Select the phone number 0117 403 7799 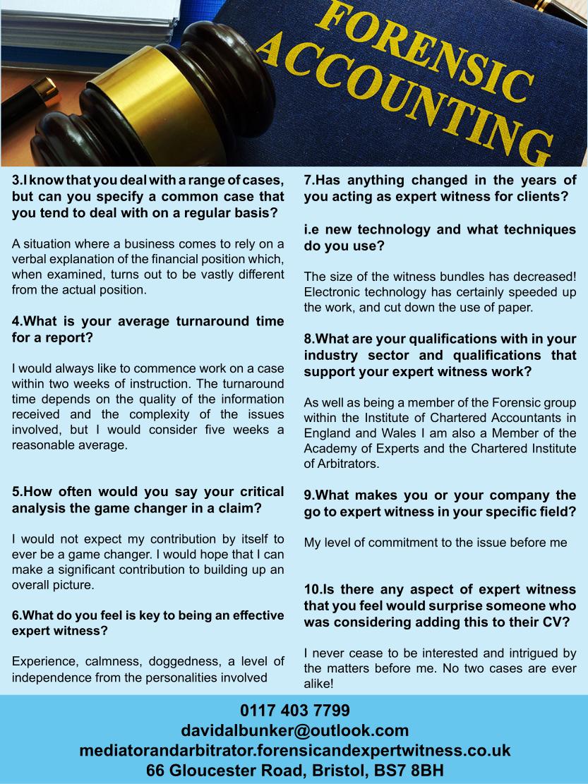point(294,709)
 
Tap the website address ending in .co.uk point(294,749)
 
